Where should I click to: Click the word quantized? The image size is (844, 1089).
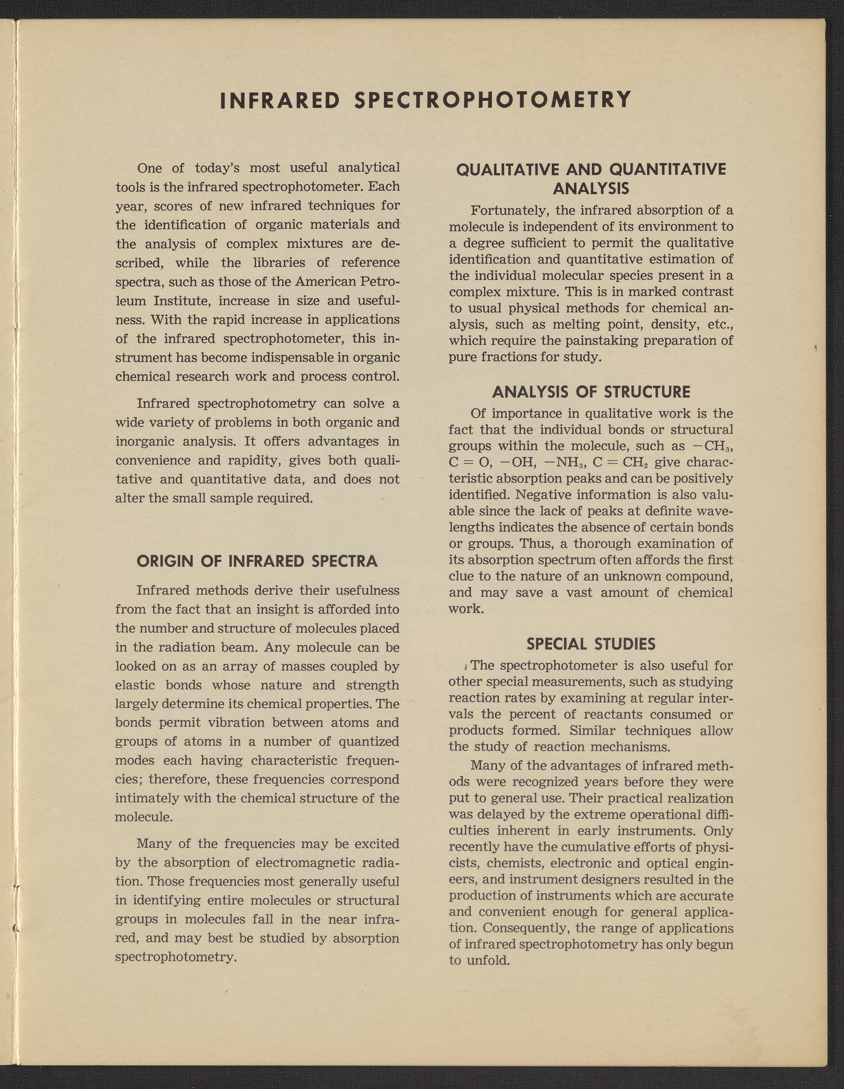pos(368,742)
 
